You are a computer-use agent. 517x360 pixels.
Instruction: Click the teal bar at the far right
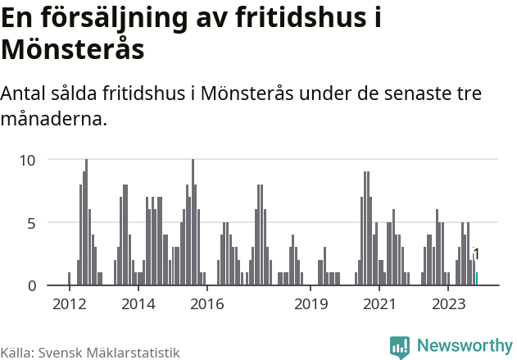(x=477, y=279)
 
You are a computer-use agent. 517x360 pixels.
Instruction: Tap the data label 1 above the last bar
(x=476, y=255)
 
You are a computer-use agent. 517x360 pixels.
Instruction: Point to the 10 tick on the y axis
(x=28, y=160)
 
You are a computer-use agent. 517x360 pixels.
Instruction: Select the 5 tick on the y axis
(x=32, y=223)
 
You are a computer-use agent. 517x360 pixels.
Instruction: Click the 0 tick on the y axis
(x=32, y=286)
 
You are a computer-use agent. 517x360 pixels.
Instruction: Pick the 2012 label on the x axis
(x=69, y=304)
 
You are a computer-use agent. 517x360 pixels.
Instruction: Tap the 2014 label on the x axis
(x=138, y=304)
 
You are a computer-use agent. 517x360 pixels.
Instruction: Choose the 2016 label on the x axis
(x=207, y=304)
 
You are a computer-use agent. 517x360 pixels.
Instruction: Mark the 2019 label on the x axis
(x=311, y=304)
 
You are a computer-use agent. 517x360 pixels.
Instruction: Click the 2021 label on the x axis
(x=379, y=304)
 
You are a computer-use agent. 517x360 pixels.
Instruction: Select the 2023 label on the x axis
(x=448, y=304)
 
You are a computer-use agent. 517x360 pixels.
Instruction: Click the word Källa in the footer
(x=16, y=352)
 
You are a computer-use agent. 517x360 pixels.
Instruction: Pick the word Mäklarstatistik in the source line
(x=134, y=352)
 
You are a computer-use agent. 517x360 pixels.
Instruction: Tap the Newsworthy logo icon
(x=400, y=347)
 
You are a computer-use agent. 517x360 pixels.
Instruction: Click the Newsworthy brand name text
(x=464, y=346)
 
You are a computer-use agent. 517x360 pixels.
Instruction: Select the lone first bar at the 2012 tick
(x=69, y=279)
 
